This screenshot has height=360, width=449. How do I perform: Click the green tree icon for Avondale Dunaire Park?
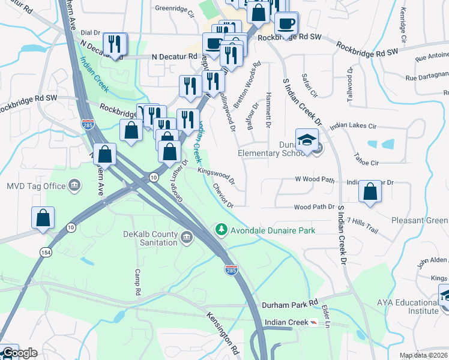point(221,230)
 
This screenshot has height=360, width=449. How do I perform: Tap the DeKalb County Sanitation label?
point(151,238)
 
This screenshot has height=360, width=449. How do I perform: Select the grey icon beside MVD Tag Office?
point(74,185)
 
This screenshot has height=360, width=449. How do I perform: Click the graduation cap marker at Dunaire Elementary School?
point(307,140)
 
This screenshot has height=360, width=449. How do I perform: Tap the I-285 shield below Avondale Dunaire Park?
point(231,270)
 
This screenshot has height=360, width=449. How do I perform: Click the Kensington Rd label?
point(223,333)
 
